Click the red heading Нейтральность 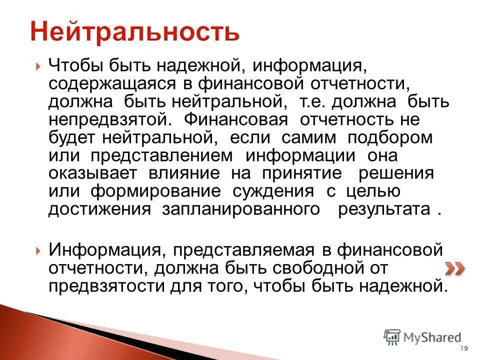(134, 31)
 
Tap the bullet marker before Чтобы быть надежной (39, 66)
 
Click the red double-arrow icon (454, 268)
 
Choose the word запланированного (240, 209)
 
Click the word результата (384, 209)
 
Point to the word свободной (325, 267)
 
